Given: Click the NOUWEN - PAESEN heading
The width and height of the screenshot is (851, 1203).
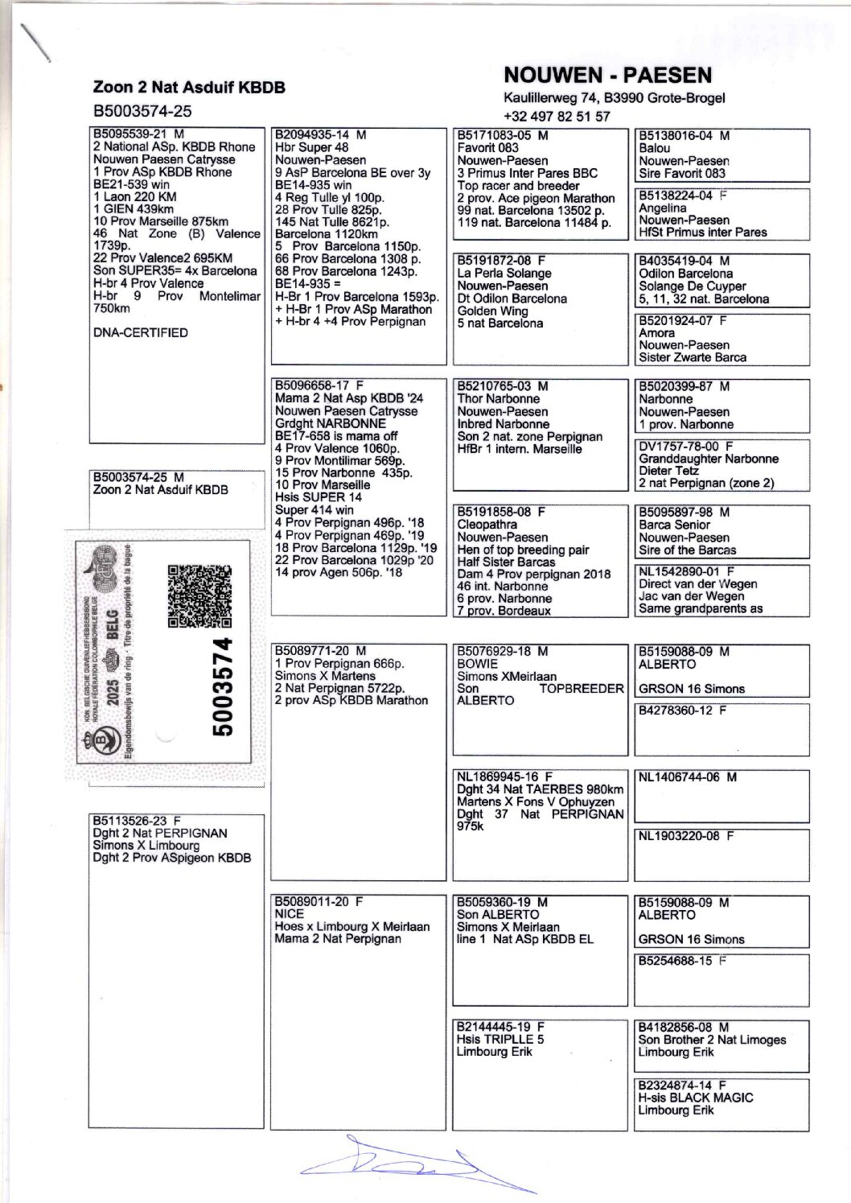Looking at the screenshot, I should click(x=607, y=76).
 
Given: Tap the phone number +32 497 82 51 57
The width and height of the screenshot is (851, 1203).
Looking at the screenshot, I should click(x=557, y=116).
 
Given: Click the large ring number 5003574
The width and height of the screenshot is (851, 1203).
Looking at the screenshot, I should click(x=223, y=686).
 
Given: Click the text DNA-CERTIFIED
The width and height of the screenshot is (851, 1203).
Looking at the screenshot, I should click(x=141, y=332).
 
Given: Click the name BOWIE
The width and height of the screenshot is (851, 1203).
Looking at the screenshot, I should click(x=479, y=664).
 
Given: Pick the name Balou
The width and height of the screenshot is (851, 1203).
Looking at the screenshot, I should click(x=654, y=148).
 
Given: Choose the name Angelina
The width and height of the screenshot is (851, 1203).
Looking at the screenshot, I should click(x=663, y=208).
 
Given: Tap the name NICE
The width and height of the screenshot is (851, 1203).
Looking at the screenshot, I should click(x=290, y=914).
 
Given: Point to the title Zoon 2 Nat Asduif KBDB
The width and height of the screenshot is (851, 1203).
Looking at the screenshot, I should click(x=189, y=87).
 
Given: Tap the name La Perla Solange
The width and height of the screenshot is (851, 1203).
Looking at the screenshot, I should click(x=504, y=273).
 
